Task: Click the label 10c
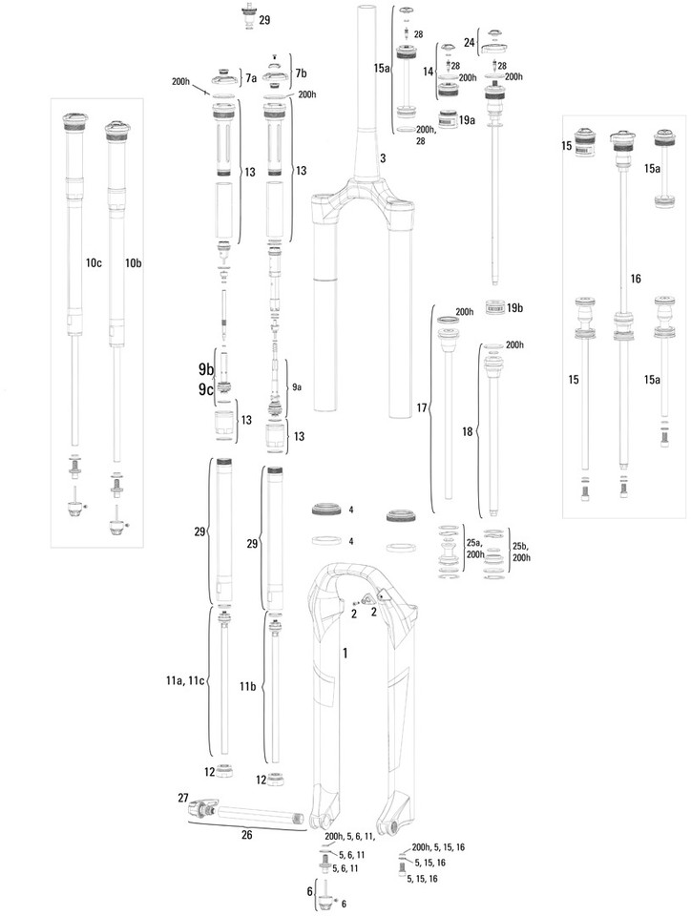pyautogui.click(x=94, y=261)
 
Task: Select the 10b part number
pyautogui.click(x=134, y=261)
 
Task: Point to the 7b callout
pyautogui.click(x=302, y=73)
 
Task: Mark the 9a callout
pyautogui.click(x=298, y=387)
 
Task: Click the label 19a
pyautogui.click(x=467, y=121)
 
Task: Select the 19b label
pyautogui.click(x=516, y=307)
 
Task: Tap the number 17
pyautogui.click(x=423, y=407)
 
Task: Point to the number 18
pyautogui.click(x=469, y=432)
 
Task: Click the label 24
pyautogui.click(x=470, y=43)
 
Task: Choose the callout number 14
pyautogui.click(x=429, y=72)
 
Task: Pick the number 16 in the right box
pyautogui.click(x=636, y=278)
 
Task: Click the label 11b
pyautogui.click(x=247, y=686)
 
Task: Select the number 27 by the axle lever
pyautogui.click(x=183, y=797)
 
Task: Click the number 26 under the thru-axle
pyautogui.click(x=246, y=836)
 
